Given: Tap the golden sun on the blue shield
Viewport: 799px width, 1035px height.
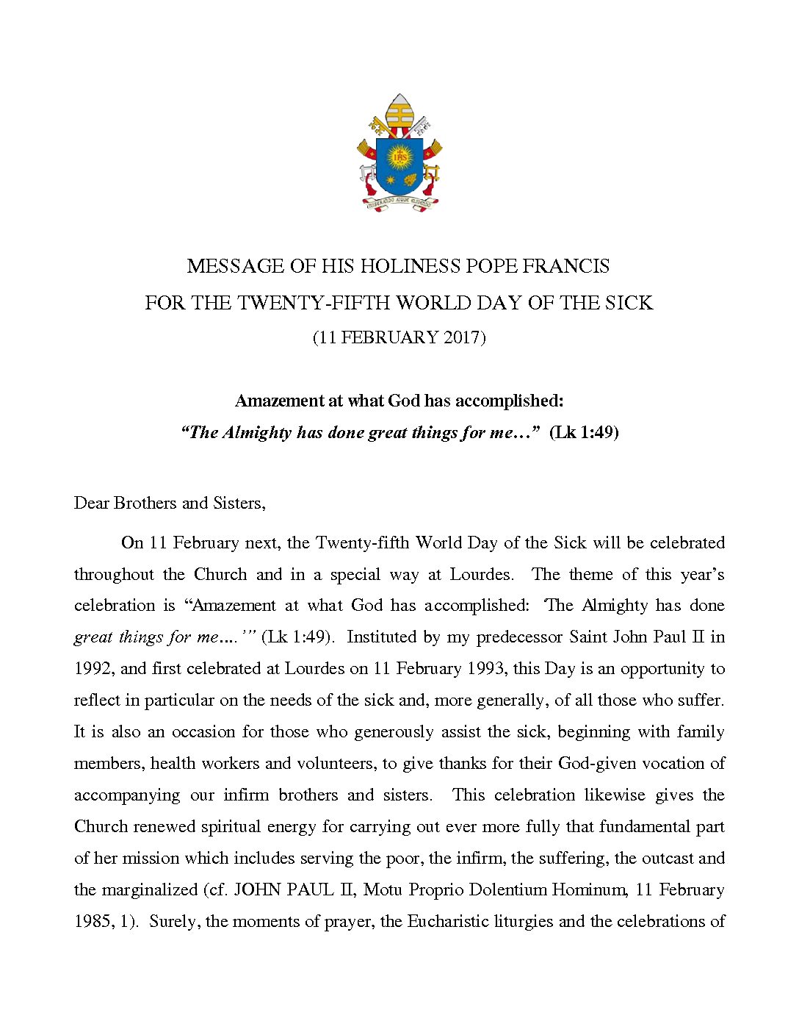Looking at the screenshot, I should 399,156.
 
